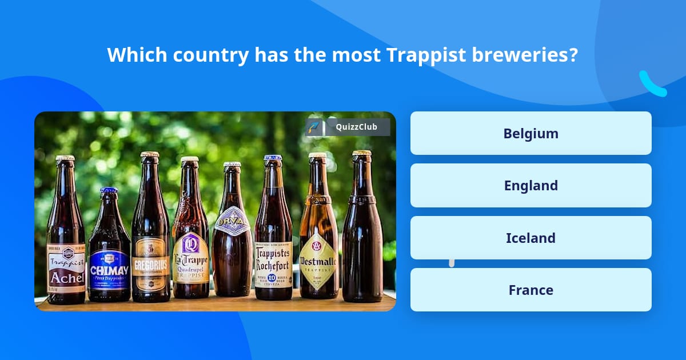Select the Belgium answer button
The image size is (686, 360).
[531, 133]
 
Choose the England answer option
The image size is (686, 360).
[531, 186]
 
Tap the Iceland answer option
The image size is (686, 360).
[531, 238]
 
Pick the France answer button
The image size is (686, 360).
[531, 290]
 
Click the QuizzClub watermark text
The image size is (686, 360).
[357, 127]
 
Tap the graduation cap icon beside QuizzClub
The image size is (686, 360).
[313, 127]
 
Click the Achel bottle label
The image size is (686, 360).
[66, 268]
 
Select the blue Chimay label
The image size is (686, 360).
[109, 269]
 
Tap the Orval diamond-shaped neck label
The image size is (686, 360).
[232, 221]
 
